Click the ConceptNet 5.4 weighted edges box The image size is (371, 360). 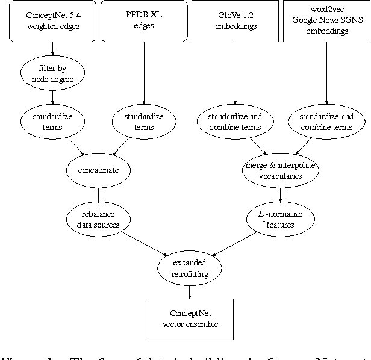click(53, 21)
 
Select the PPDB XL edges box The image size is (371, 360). click(143, 21)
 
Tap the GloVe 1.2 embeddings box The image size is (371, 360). click(235, 21)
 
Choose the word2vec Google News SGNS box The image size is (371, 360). click(326, 21)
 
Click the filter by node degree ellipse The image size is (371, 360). click(53, 73)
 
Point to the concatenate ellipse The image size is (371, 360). click(99, 170)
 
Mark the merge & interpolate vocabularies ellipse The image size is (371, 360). click(281, 170)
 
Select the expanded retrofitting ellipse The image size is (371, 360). click(190, 267)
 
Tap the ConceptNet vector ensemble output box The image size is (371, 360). click(190, 317)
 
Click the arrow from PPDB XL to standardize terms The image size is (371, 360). click(143, 72)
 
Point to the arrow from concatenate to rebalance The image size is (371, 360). click(99, 194)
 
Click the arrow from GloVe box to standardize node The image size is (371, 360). click(235, 72)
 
